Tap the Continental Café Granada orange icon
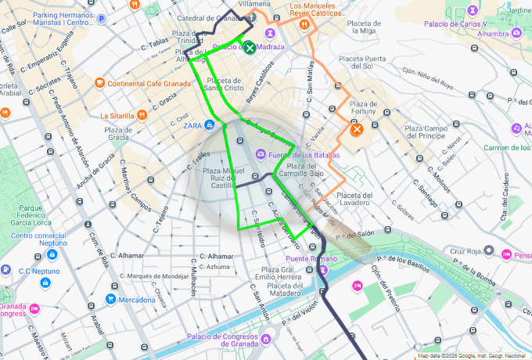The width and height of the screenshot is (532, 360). click(x=99, y=83)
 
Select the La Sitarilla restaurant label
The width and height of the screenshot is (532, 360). click(x=118, y=115)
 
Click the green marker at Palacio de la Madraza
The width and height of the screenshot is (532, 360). click(x=249, y=48)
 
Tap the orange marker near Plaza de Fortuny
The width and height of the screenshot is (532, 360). click(x=356, y=128)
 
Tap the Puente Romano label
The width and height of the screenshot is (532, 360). click(x=304, y=259)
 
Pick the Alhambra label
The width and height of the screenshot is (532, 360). click(x=493, y=34)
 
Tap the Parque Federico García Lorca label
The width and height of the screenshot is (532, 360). click(x=40, y=217)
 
